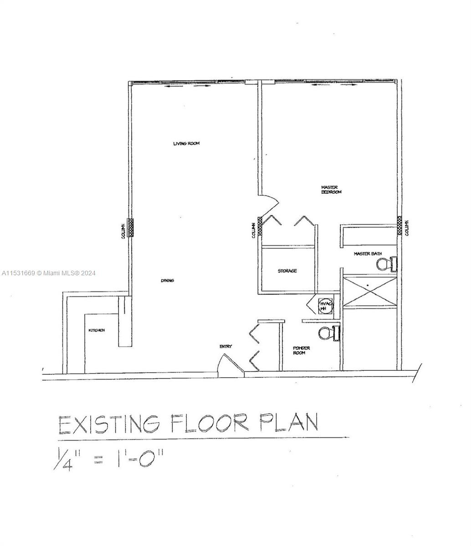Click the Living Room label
coord(186,144)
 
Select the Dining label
coord(167,281)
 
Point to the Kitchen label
coord(97,330)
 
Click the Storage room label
coord(287,271)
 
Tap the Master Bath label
coord(368,254)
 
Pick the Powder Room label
coord(301,350)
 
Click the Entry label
coord(226,347)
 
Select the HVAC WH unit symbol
coord(324,306)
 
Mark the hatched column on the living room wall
coord(130,227)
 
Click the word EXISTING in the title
coord(109,425)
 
